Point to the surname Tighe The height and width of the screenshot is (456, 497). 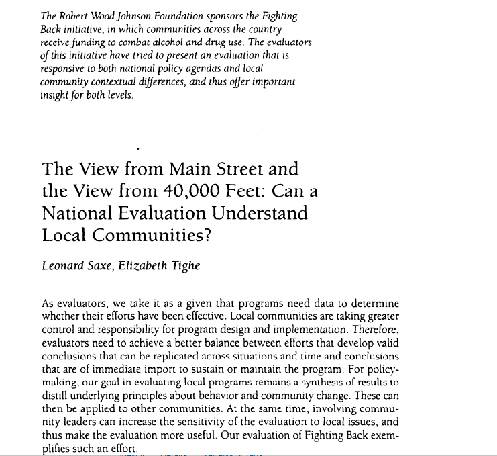tap(187, 266)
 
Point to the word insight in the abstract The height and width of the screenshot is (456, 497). tap(54, 95)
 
